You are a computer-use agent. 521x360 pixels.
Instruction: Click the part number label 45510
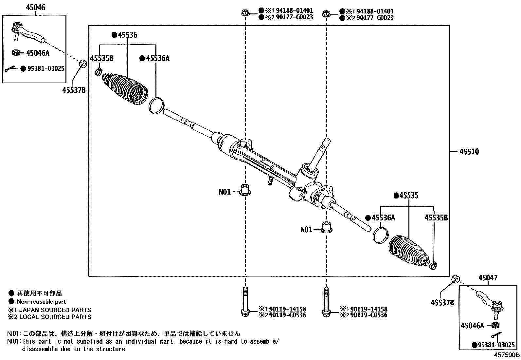pos(469,152)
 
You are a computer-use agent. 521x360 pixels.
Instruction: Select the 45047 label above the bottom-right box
pos(488,278)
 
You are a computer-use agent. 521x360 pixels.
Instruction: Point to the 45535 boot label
pos(409,196)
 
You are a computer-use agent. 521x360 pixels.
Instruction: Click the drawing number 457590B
pos(507,355)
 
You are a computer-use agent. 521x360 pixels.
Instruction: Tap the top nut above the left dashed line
pos(245,13)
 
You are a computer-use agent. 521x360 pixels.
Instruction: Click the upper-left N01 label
pos(225,192)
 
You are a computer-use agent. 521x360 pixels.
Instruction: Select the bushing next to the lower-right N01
pos(326,227)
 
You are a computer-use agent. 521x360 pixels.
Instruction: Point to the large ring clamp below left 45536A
pos(156,105)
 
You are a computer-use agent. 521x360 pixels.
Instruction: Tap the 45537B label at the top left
pos(74,90)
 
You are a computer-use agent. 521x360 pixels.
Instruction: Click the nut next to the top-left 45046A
pos(15,52)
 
